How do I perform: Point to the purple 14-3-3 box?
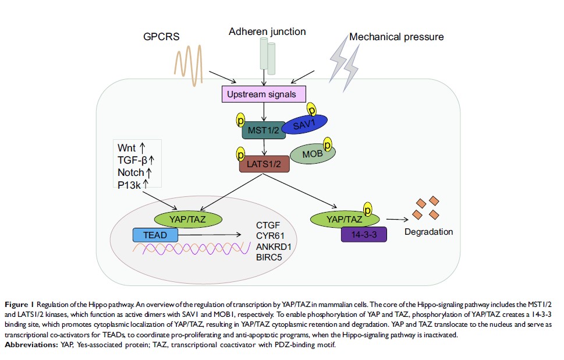tap(365, 235)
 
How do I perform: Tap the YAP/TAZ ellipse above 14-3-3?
tap(345, 219)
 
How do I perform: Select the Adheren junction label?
tap(268, 31)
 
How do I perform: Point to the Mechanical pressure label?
tap(396, 37)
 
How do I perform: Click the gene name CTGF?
tap(268, 225)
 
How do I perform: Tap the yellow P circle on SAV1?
tap(311, 110)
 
